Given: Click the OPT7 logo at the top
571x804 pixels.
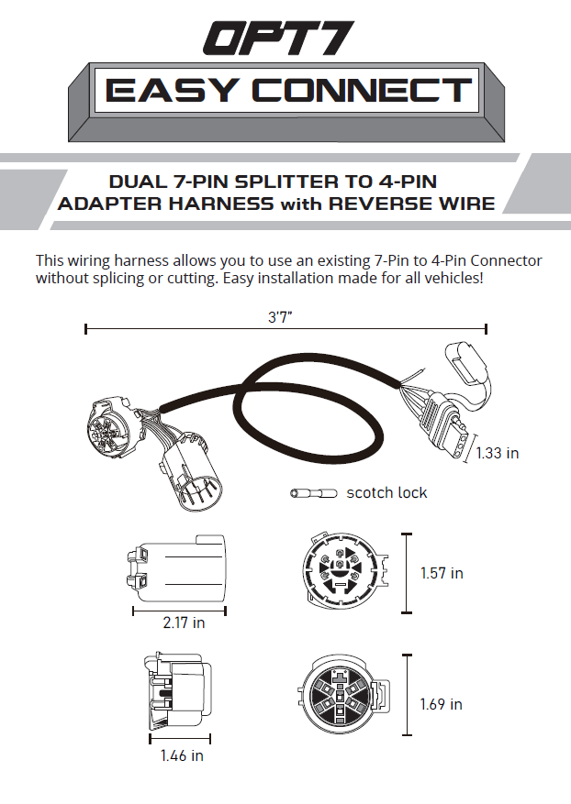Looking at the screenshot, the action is point(279,38).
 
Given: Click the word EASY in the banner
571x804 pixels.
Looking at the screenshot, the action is point(173,90).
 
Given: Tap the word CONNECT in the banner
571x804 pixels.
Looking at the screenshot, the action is point(362,90).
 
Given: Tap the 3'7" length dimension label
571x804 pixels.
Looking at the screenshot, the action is point(280,317).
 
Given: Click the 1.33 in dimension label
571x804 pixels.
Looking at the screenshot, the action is point(497,453).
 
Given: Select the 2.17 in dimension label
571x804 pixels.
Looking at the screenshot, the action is point(184,622).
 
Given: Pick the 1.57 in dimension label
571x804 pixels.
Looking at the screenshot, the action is point(442,573).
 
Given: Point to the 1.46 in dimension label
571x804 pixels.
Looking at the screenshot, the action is point(182,755).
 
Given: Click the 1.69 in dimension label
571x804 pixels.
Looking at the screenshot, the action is point(441,704).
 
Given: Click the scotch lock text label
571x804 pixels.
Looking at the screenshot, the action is point(386,492).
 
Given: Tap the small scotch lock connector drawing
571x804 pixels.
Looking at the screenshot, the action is point(314,493).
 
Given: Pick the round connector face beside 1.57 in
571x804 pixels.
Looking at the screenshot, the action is point(345,571).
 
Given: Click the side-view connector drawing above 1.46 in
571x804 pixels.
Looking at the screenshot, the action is point(178,692).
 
